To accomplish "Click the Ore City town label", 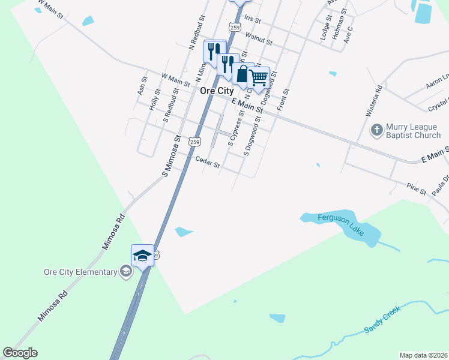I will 216,91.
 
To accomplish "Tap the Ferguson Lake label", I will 326,218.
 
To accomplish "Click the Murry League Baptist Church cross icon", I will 376,130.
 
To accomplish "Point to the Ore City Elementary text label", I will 80,272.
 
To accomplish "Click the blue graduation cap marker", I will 143,256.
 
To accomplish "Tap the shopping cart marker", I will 258,77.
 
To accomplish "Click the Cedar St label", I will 208,162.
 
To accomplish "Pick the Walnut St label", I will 259,41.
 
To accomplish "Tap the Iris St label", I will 252,20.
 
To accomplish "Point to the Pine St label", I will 415,189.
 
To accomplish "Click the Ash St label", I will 142,86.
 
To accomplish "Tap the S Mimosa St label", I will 172,155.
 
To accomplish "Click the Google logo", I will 20,353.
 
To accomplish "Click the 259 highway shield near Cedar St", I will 193,142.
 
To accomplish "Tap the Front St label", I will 283,100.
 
